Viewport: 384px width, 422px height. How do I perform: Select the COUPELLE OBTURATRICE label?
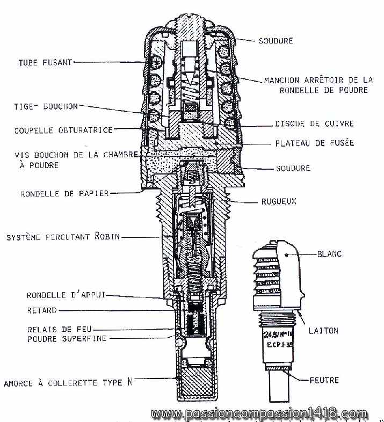[x=63, y=129]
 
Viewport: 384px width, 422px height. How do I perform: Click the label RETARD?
[x=42, y=310]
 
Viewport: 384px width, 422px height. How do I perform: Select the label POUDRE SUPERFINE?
[x=67, y=338]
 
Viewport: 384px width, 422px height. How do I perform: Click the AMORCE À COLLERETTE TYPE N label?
[x=68, y=383]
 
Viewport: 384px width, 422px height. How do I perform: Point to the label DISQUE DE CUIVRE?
[x=314, y=124]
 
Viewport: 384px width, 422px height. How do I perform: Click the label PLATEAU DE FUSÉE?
[x=314, y=143]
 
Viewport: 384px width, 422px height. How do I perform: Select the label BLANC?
[x=329, y=253]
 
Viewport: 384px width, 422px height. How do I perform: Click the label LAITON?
[x=323, y=331]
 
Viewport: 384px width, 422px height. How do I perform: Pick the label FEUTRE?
[x=324, y=380]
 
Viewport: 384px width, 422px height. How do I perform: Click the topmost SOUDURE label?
[x=276, y=40]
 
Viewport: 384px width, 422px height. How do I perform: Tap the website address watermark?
[x=259, y=414]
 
